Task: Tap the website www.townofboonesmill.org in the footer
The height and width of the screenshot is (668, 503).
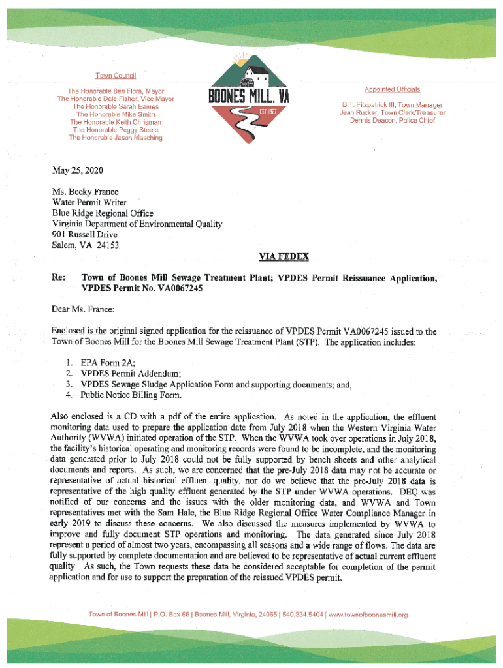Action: coord(368,615)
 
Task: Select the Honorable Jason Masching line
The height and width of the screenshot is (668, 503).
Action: coord(116,138)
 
